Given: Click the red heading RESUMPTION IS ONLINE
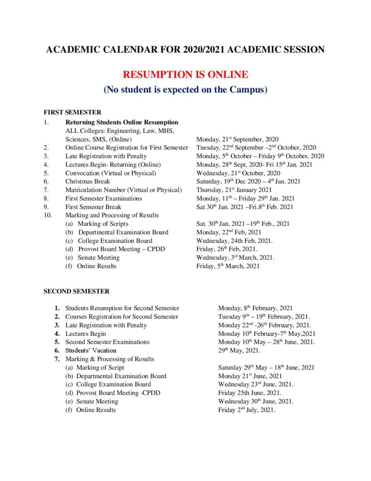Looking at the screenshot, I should pyautogui.click(x=185, y=75).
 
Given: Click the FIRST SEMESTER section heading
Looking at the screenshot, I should pyautogui.click(x=72, y=113).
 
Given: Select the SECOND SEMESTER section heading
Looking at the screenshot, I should pyautogui.click(x=76, y=291).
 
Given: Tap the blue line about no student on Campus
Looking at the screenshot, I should pyautogui.click(x=185, y=89).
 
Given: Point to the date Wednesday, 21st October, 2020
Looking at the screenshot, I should pyautogui.click(x=238, y=173).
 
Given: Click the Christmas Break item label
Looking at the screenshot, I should pyautogui.click(x=88, y=181).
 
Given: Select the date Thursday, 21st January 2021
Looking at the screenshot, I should pyautogui.click(x=234, y=190).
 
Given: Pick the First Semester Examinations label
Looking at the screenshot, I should pyautogui.click(x=104, y=198).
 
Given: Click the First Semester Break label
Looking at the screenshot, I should pyautogui.click(x=93, y=207).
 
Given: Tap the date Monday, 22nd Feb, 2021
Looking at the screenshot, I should pyautogui.click(x=228, y=232).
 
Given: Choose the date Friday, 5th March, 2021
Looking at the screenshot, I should pyautogui.click(x=227, y=266).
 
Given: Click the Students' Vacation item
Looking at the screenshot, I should pyautogui.click(x=91, y=350).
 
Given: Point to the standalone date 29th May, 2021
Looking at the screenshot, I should pyautogui.click(x=240, y=350).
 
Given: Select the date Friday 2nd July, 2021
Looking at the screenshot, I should pyautogui.click(x=247, y=410).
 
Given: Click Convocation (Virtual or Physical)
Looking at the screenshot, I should pyautogui.click(x=111, y=173).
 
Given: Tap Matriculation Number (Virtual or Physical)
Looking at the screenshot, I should pyautogui.click(x=123, y=190).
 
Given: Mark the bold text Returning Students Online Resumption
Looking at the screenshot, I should pyautogui.click(x=122, y=122).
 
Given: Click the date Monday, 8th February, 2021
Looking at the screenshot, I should pyautogui.click(x=255, y=308).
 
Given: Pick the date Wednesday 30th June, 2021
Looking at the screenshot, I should pyautogui.click(x=256, y=401).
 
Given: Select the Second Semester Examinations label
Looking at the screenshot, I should pyautogui.click(x=107, y=342).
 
